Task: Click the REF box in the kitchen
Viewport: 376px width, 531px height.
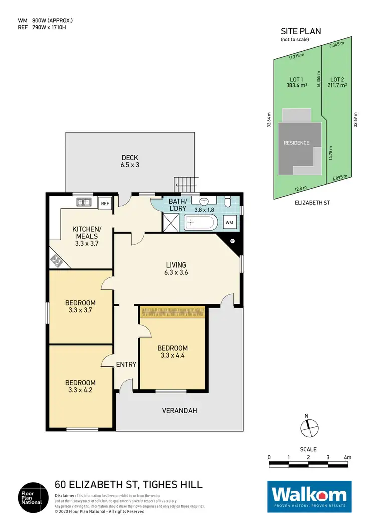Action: pyautogui.click(x=105, y=204)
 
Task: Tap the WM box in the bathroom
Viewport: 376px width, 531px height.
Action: pyautogui.click(x=229, y=222)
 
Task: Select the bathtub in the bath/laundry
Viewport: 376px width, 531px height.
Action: pyautogui.click(x=200, y=222)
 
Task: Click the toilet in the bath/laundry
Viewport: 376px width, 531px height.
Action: pyautogui.click(x=228, y=203)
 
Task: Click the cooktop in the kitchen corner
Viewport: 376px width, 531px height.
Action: pyautogui.click(x=56, y=260)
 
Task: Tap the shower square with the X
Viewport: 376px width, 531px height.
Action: pyautogui.click(x=170, y=222)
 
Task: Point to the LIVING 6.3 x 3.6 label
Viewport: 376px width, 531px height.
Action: pyautogui.click(x=176, y=269)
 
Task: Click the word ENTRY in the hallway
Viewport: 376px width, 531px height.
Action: pyautogui.click(x=126, y=364)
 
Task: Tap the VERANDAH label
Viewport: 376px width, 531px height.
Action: pyautogui.click(x=179, y=411)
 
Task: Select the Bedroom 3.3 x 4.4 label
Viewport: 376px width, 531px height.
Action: pyautogui.click(x=172, y=352)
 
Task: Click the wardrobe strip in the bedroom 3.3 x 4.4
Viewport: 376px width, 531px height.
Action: pyautogui.click(x=172, y=312)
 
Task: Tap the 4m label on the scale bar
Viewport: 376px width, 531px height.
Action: pyautogui.click(x=348, y=457)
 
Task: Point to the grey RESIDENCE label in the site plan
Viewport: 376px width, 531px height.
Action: pyautogui.click(x=297, y=143)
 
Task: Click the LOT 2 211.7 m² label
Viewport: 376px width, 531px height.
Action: pyautogui.click(x=337, y=82)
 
